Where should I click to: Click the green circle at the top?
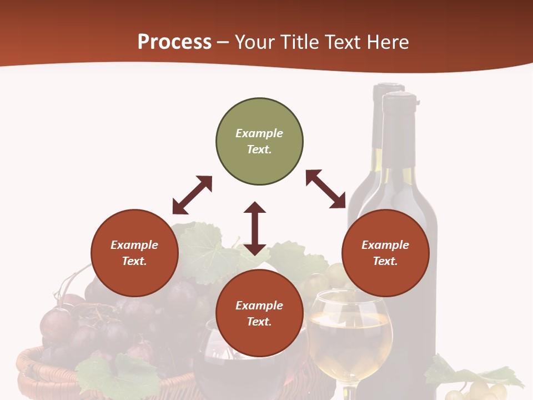tap(259, 142)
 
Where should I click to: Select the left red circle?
tap(134, 253)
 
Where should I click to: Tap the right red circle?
tap(385, 253)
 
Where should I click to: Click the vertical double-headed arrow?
tap(255, 228)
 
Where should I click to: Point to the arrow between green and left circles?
tap(192, 195)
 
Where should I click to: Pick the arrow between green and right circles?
tap(326, 189)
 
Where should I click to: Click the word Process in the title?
tap(174, 42)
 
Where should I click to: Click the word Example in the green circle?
tap(259, 133)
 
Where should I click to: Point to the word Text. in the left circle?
tap(134, 261)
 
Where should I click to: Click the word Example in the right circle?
tap(385, 245)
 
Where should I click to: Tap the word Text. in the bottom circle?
tap(259, 322)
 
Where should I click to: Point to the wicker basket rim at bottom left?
tap(33, 367)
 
